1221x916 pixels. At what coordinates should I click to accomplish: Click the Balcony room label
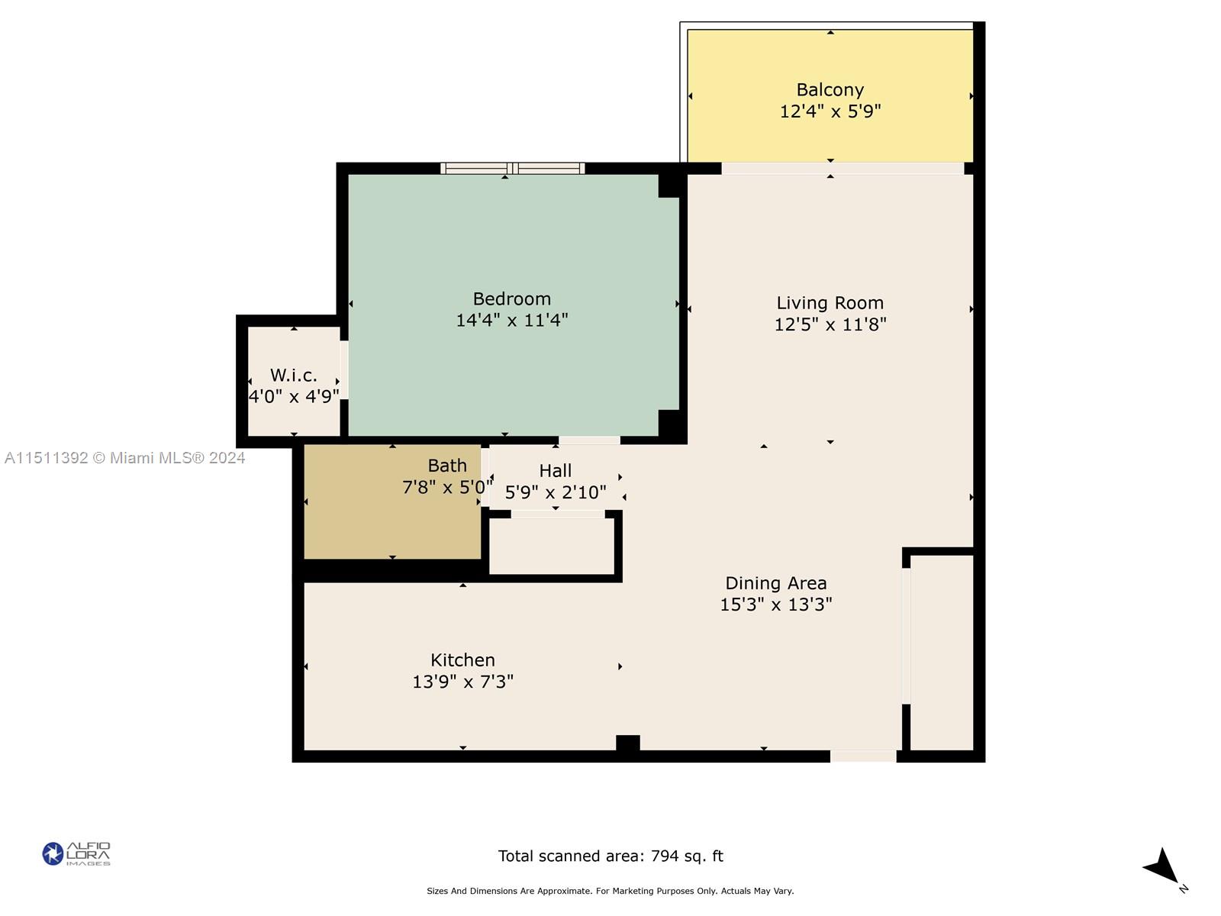830,90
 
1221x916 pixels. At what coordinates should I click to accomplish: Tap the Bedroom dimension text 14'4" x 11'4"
512,321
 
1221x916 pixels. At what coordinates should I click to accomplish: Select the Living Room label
830,303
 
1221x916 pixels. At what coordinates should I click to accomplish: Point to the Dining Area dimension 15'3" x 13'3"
776,604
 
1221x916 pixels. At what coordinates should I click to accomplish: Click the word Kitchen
462,660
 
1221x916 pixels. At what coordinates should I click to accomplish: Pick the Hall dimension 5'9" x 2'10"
555,492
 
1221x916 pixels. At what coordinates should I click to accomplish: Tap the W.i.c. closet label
294,376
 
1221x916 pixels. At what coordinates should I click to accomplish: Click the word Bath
447,466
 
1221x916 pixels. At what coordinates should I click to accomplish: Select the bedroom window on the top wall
512,169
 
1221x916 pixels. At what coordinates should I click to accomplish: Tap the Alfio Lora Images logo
76,853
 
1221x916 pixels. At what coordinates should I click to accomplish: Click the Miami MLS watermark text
124,458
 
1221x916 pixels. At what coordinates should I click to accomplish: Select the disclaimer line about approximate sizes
610,891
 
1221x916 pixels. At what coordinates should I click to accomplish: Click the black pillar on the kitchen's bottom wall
627,743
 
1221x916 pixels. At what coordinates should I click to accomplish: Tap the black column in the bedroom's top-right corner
670,185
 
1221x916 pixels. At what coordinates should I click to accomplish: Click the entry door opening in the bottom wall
863,756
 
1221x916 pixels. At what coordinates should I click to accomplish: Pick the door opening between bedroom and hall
590,440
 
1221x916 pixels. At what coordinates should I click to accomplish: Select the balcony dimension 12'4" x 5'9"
830,111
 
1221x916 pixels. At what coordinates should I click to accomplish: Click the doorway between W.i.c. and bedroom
344,370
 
